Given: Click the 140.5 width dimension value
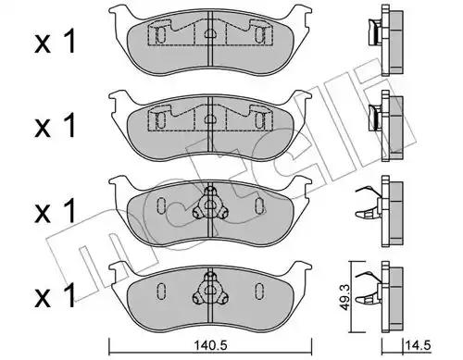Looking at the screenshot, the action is point(210,345).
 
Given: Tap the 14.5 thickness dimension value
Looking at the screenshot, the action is point(419,345).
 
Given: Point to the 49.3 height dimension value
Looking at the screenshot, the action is point(344,297).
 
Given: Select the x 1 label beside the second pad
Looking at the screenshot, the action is point(55,125).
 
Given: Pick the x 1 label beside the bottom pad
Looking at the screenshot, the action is point(55,295).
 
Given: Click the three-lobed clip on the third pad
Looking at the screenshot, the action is point(210,205).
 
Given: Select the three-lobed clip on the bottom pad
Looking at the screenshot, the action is point(210,290).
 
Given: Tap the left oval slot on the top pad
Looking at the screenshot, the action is point(160,35).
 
